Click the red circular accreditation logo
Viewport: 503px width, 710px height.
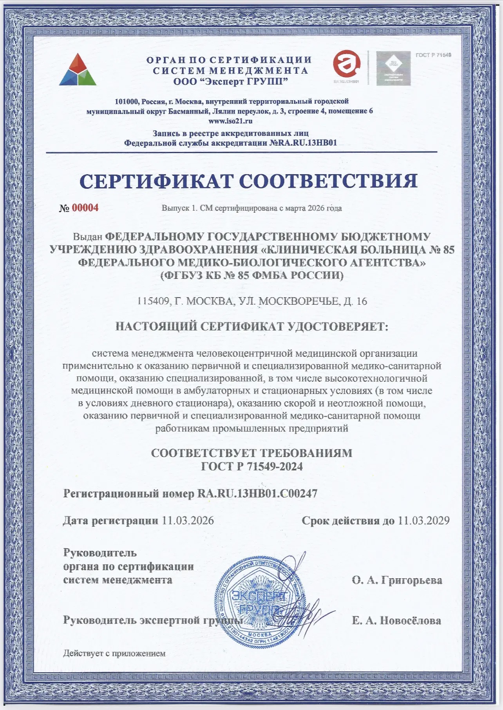(346, 65)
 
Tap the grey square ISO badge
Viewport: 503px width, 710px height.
(393, 69)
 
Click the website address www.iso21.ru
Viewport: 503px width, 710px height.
(230, 121)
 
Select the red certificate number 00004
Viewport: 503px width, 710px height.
(85, 208)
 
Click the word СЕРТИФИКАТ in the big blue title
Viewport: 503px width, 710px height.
(157, 181)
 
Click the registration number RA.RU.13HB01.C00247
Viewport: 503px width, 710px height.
(257, 493)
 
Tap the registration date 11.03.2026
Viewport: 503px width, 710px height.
(188, 520)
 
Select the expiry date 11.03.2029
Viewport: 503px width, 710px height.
(423, 520)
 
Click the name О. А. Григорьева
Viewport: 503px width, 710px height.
(397, 580)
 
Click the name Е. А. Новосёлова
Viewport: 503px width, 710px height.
(396, 621)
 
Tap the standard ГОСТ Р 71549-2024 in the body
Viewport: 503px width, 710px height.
(251, 466)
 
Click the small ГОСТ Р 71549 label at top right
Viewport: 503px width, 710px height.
(433, 55)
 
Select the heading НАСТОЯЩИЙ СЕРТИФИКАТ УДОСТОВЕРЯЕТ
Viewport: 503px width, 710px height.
(251, 327)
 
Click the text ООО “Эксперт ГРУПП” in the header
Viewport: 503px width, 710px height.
(231, 81)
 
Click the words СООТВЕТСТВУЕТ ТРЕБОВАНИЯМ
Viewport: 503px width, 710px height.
(251, 453)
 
